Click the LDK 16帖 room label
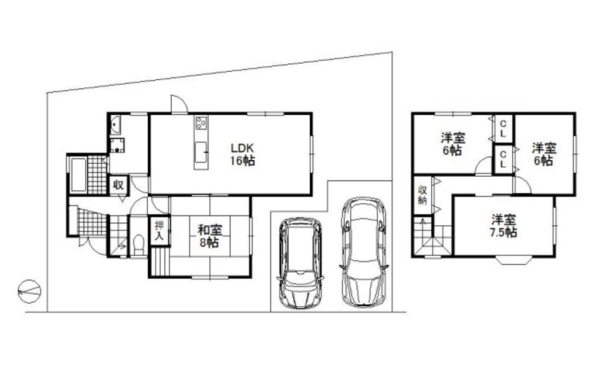[242, 154]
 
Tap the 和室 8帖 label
[210, 236]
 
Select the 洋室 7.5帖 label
[504, 226]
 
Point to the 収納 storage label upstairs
[423, 195]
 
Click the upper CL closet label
[503, 129]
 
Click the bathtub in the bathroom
[79, 175]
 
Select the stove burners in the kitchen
[201, 123]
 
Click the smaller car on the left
[300, 263]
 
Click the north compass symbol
[29, 291]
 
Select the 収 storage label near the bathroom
[118, 185]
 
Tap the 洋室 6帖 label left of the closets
[453, 144]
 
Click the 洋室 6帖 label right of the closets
[544, 154]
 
